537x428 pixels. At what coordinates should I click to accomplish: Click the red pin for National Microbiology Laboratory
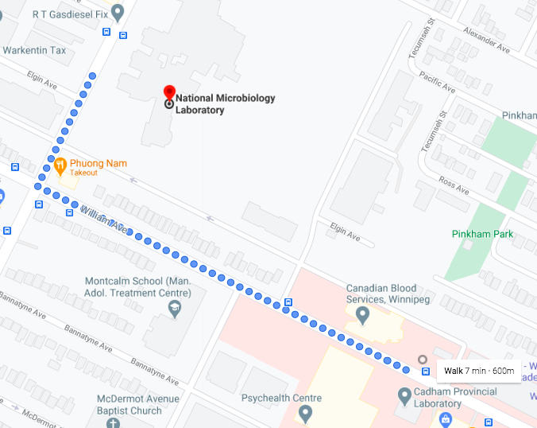[x=168, y=92]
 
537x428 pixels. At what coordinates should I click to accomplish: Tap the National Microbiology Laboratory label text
[x=225, y=104]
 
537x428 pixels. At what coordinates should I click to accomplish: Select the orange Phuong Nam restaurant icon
[x=60, y=166]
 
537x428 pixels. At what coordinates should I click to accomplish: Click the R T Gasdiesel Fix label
[x=69, y=14]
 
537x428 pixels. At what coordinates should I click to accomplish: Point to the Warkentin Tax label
[x=35, y=50]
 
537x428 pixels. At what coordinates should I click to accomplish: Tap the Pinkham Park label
[x=482, y=234]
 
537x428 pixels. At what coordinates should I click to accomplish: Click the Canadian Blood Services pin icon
[x=363, y=316]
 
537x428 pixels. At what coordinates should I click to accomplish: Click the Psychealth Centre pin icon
[x=304, y=414]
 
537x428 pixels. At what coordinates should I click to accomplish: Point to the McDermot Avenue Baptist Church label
[x=134, y=405]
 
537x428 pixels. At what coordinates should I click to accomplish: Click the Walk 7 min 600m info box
[x=479, y=371]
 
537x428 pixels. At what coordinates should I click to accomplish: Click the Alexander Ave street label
[x=487, y=41]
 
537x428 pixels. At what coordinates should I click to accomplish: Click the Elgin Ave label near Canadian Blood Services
[x=345, y=232]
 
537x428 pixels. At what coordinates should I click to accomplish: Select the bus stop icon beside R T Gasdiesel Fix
[x=122, y=34]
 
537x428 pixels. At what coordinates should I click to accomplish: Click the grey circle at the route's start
[x=423, y=360]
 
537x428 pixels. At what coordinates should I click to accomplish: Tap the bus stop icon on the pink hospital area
[x=288, y=302]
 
